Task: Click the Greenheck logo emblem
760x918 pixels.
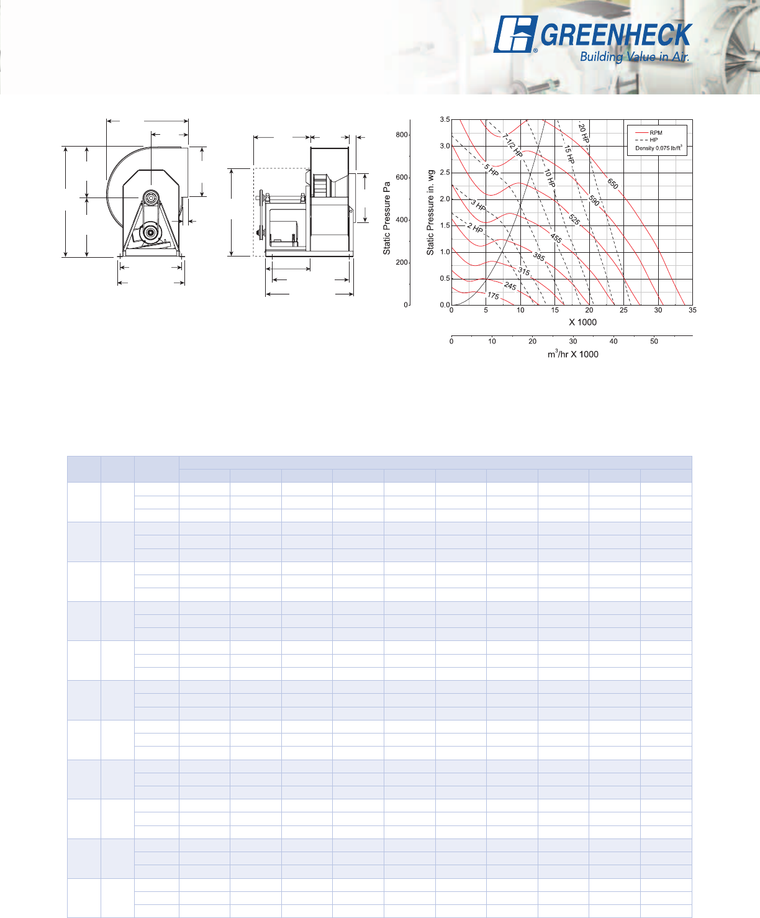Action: [x=515, y=34]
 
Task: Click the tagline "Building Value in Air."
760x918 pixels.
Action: [x=635, y=57]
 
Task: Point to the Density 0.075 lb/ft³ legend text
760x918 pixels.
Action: [x=658, y=148]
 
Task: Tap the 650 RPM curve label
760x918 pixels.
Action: [x=613, y=183]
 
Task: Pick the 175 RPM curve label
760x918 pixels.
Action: [x=493, y=296]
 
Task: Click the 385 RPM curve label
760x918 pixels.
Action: [x=539, y=257]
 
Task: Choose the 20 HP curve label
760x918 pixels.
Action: [x=583, y=133]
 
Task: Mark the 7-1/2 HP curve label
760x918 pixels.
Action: [x=512, y=145]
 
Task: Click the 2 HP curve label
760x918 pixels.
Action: [x=475, y=228]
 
